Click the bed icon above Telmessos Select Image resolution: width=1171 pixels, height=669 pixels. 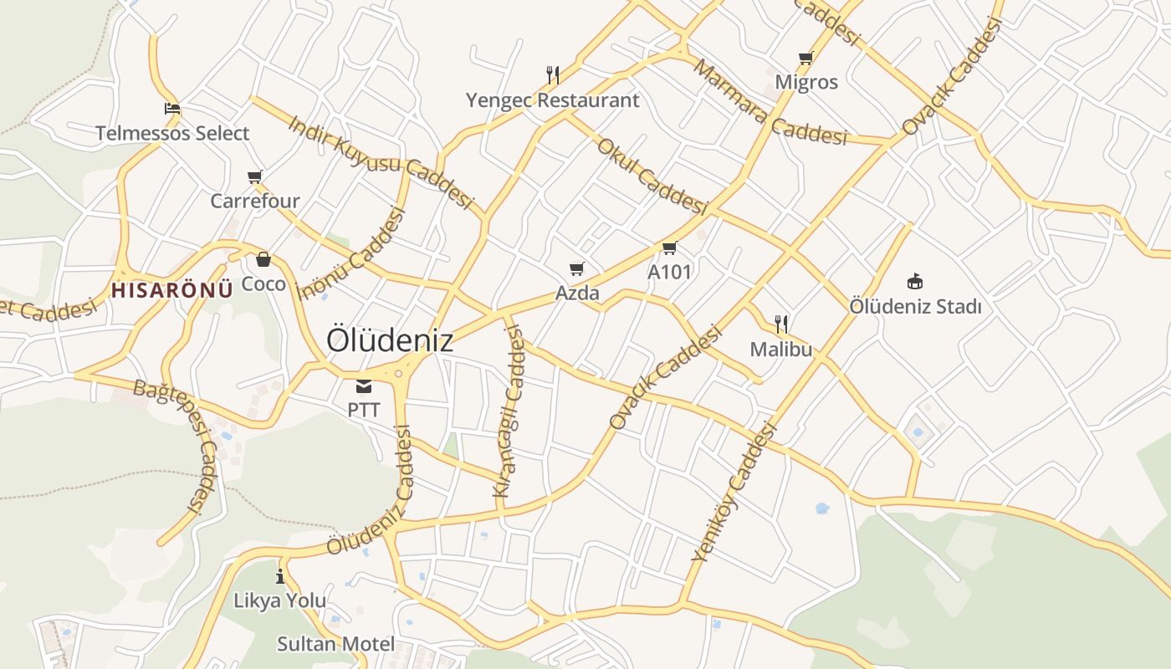coord(172,109)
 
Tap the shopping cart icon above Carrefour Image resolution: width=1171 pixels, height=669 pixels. coord(255,176)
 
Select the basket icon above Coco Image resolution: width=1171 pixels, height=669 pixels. coord(263,259)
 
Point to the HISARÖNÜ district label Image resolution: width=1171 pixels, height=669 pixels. coord(171,290)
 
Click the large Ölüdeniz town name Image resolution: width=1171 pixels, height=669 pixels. coord(390,340)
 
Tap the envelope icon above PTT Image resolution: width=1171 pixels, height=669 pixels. coord(364,386)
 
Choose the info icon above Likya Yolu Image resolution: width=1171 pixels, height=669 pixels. coord(279,576)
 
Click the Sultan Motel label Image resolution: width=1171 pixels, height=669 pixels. coord(335,644)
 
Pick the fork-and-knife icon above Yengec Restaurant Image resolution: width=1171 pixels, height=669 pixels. coord(552,75)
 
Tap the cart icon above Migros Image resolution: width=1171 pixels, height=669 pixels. coord(805,58)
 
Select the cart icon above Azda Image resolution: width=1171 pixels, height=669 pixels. coord(576,268)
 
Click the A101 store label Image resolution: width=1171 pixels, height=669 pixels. coord(670,272)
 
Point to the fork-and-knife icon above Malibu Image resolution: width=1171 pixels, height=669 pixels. coord(781,324)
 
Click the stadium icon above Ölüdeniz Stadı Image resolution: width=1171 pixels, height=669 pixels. coord(915,281)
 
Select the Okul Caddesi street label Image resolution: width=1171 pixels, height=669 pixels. coord(652,175)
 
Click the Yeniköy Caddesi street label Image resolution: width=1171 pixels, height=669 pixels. coord(735,493)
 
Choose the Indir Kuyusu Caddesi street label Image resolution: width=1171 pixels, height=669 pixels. coord(381,162)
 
